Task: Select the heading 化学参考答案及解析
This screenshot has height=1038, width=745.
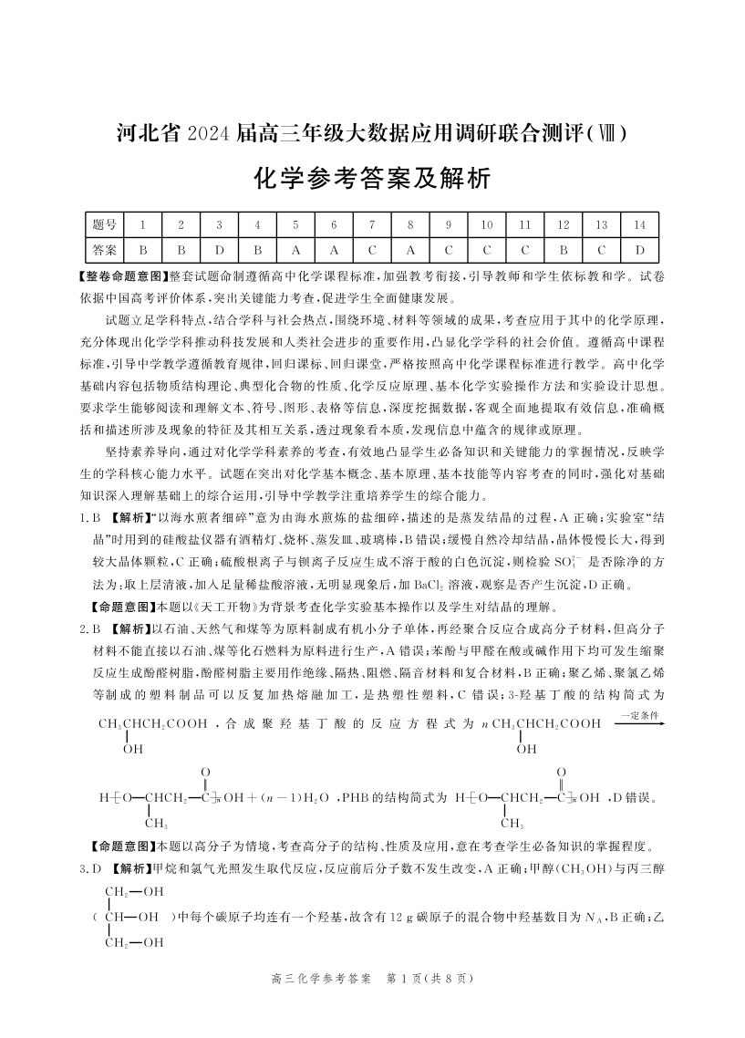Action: pyautogui.click(x=372, y=179)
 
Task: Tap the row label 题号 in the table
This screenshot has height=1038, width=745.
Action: pyautogui.click(x=105, y=224)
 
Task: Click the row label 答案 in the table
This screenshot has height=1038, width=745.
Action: pyautogui.click(x=105, y=249)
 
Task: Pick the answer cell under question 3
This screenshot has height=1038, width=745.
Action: pyautogui.click(x=219, y=249)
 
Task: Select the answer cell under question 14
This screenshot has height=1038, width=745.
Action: pyautogui.click(x=640, y=249)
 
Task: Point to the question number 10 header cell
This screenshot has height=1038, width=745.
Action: pyautogui.click(x=487, y=224)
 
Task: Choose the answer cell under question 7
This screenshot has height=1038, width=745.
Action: pyautogui.click(x=372, y=249)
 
